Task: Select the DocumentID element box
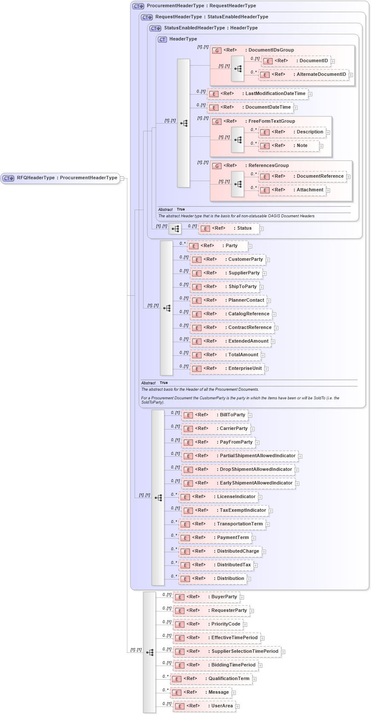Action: [297, 61]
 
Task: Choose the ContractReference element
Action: [232, 328]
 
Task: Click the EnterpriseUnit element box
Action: [227, 369]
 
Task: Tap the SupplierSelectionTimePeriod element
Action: [227, 652]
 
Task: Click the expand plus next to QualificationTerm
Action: [254, 679]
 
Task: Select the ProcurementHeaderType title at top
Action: [201, 6]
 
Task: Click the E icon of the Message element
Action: [177, 693]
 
